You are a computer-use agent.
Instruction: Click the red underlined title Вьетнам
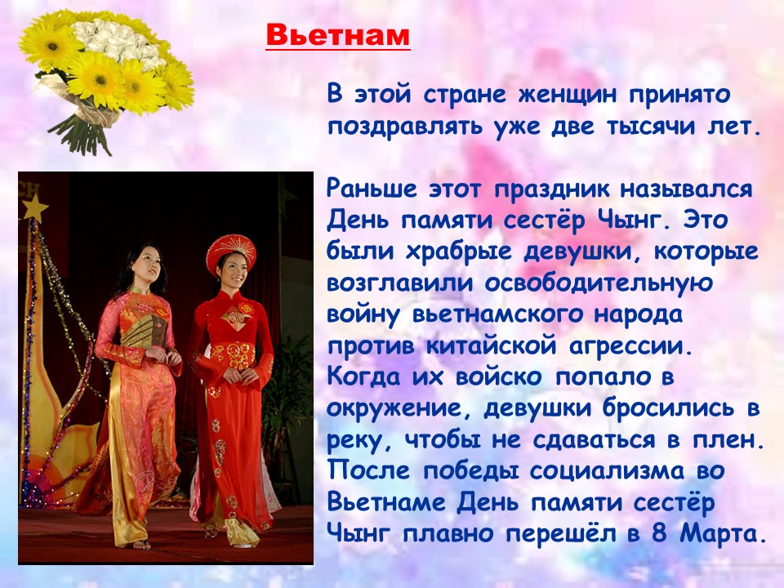point(337,35)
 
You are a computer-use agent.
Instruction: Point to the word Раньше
point(372,189)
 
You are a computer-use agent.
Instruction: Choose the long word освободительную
point(599,283)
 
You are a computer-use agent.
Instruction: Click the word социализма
point(607,471)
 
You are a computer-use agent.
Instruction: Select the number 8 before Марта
point(660,533)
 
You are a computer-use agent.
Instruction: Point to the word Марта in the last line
point(723,533)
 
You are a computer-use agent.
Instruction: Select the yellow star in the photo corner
point(34,208)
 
